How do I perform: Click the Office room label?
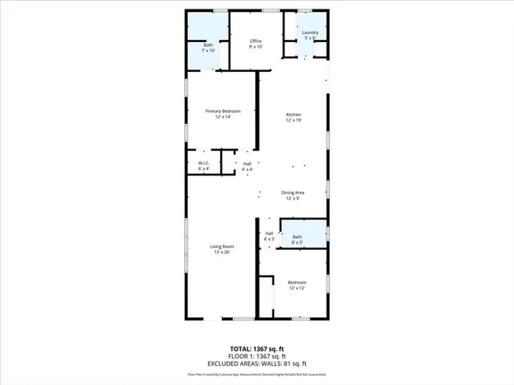(x=255, y=41)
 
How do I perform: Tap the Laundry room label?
(x=309, y=33)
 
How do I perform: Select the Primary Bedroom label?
(x=222, y=111)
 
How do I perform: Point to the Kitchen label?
(x=294, y=115)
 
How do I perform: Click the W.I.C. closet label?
(x=204, y=163)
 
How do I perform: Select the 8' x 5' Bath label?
(x=297, y=236)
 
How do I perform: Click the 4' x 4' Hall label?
(x=248, y=163)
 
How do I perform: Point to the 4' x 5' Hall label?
(x=269, y=234)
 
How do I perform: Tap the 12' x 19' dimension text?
(x=294, y=121)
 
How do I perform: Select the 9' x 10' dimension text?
(x=255, y=47)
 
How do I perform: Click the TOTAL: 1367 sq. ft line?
(x=257, y=348)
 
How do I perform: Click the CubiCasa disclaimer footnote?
(x=257, y=375)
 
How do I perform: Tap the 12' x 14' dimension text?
(x=222, y=117)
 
